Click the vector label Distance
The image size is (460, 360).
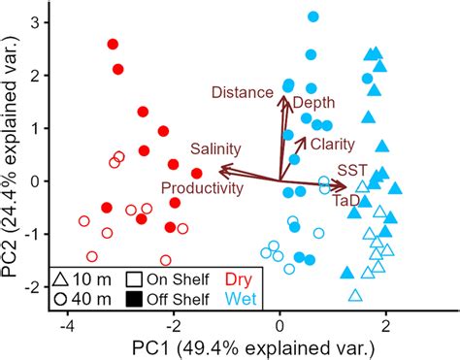point(243,92)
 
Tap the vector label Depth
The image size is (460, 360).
point(312,103)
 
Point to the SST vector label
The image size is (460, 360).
point(352,169)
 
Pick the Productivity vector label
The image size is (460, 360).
point(202,187)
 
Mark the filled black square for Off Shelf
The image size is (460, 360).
point(135,298)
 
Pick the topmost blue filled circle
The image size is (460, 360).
point(312,16)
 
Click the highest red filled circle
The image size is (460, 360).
point(113,45)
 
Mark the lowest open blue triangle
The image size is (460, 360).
point(355,295)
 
